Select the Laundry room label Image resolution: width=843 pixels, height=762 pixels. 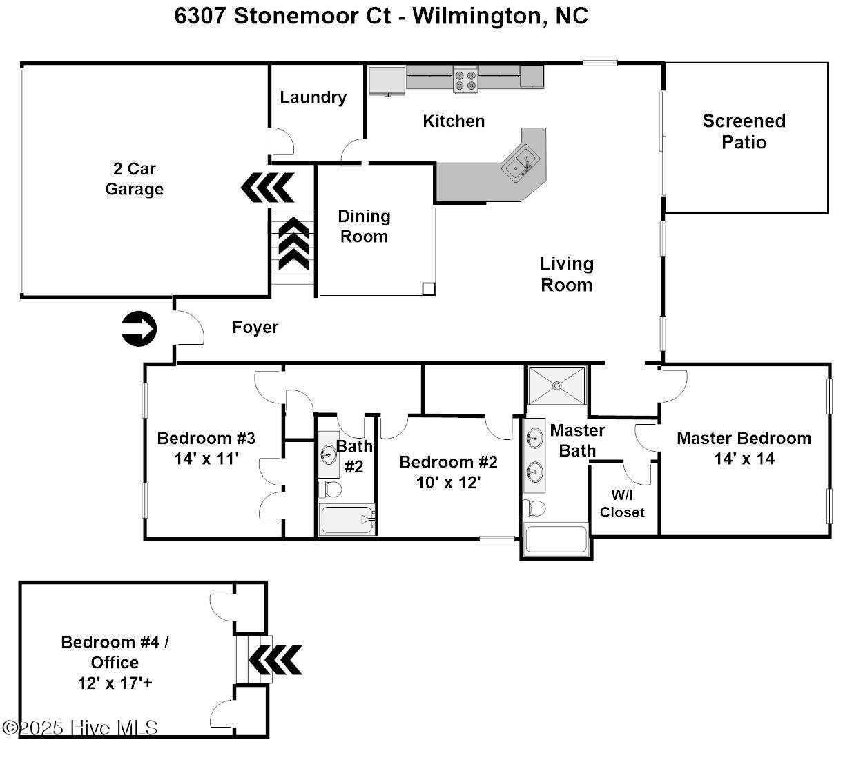click(x=313, y=97)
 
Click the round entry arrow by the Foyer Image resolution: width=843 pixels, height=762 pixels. click(x=139, y=328)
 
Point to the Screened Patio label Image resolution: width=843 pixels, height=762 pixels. click(x=744, y=131)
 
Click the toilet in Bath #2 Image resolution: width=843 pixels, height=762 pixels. click(x=330, y=490)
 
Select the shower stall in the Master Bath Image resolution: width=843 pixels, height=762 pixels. click(x=556, y=385)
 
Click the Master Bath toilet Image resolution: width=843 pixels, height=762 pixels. click(x=534, y=508)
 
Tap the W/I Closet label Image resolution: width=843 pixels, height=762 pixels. click(x=622, y=503)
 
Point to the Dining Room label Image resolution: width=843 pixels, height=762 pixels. click(x=364, y=226)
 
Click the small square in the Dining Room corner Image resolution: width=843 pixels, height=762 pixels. click(x=428, y=289)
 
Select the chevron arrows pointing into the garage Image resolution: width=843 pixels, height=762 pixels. click(x=267, y=186)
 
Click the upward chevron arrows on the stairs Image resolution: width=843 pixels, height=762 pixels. click(x=293, y=243)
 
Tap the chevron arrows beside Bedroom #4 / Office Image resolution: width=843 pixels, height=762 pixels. click(x=275, y=660)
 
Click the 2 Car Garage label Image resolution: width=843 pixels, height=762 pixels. click(x=134, y=179)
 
